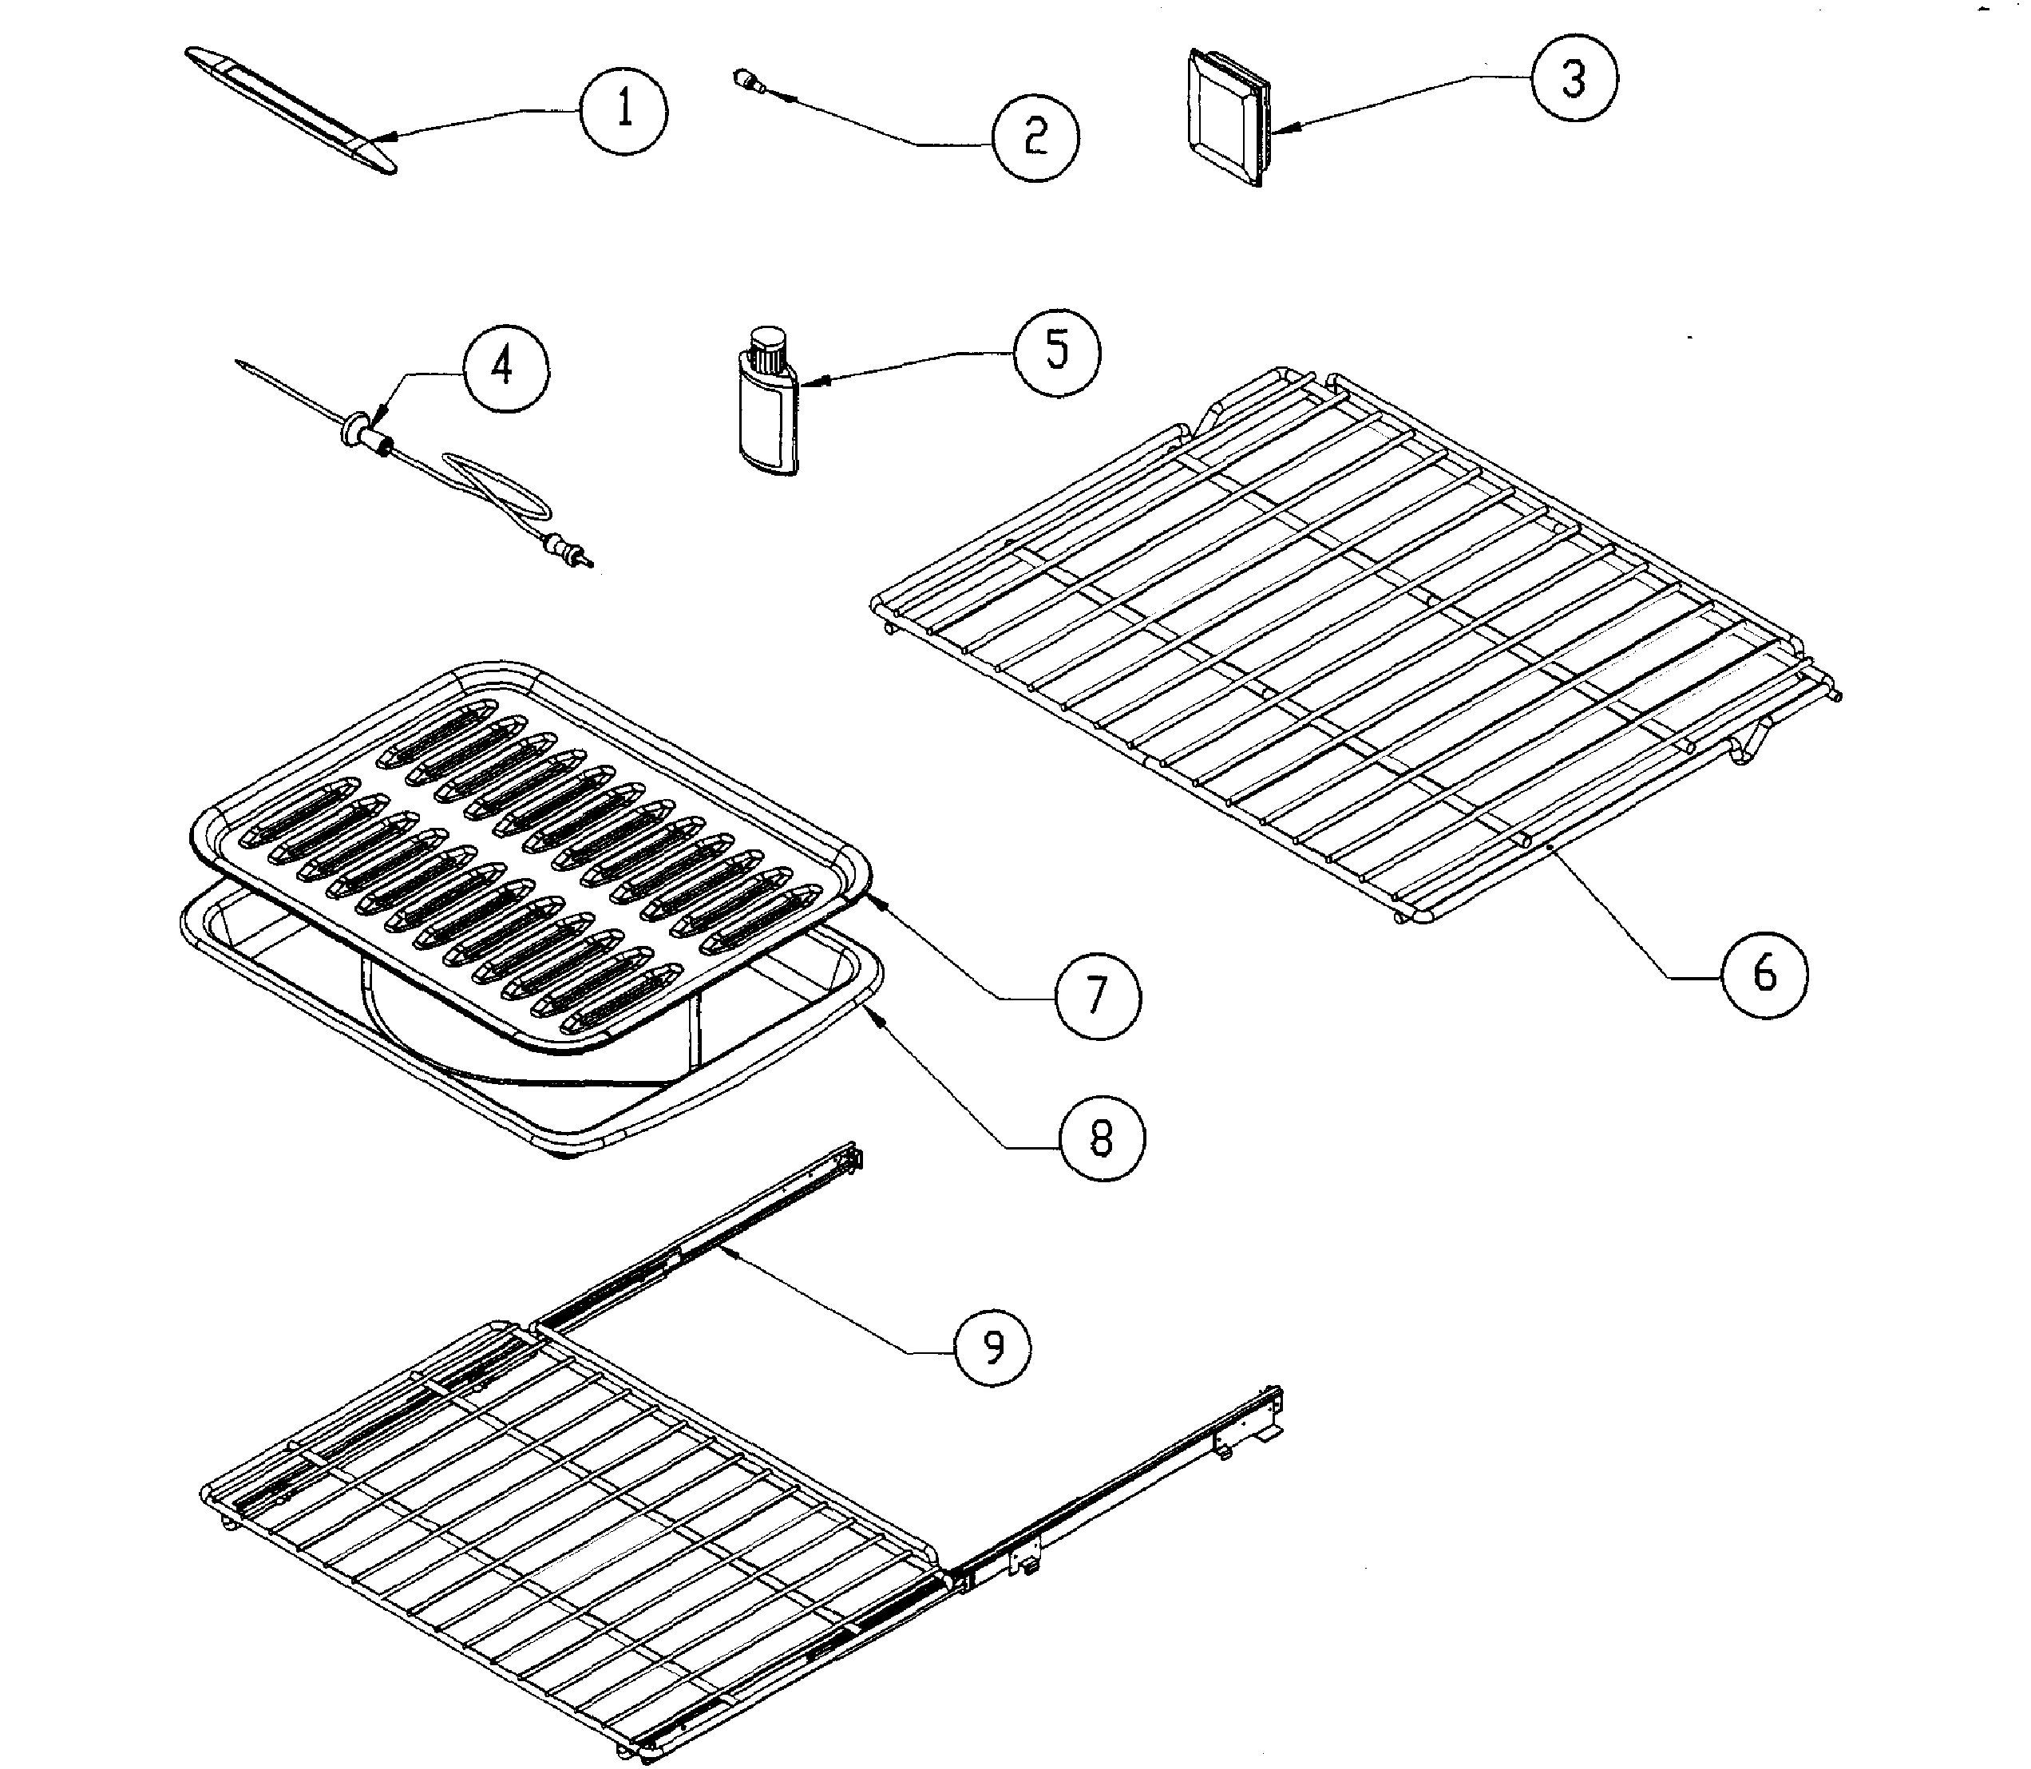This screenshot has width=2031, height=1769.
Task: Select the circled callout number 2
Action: (x=1035, y=137)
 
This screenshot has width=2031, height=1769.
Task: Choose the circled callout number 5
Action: (x=1058, y=351)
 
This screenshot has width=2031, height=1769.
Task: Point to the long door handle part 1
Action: (x=291, y=110)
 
